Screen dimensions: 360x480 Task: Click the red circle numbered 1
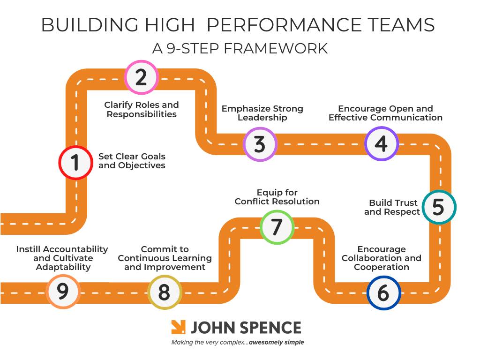(75, 163)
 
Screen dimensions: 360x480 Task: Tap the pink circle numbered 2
(141, 77)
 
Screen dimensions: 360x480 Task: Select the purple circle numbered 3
(260, 144)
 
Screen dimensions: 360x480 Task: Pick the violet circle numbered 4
(382, 143)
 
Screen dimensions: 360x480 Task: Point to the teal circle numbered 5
(439, 207)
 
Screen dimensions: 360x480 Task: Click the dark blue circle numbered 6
(383, 293)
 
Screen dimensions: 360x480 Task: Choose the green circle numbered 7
(277, 227)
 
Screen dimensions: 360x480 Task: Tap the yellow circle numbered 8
(164, 292)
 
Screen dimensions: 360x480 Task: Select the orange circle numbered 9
(63, 291)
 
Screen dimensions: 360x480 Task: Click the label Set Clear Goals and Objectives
(132, 161)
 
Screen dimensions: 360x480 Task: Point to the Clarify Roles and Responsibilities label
(142, 109)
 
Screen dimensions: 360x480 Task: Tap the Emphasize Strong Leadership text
(262, 113)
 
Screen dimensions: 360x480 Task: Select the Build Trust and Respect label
(393, 207)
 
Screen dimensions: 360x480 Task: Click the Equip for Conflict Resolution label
(277, 197)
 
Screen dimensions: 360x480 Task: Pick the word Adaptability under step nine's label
(63, 267)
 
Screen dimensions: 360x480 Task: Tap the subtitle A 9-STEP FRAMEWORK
(240, 48)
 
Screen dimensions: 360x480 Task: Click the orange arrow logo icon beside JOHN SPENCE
(178, 327)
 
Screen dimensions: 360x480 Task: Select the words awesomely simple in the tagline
(276, 342)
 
